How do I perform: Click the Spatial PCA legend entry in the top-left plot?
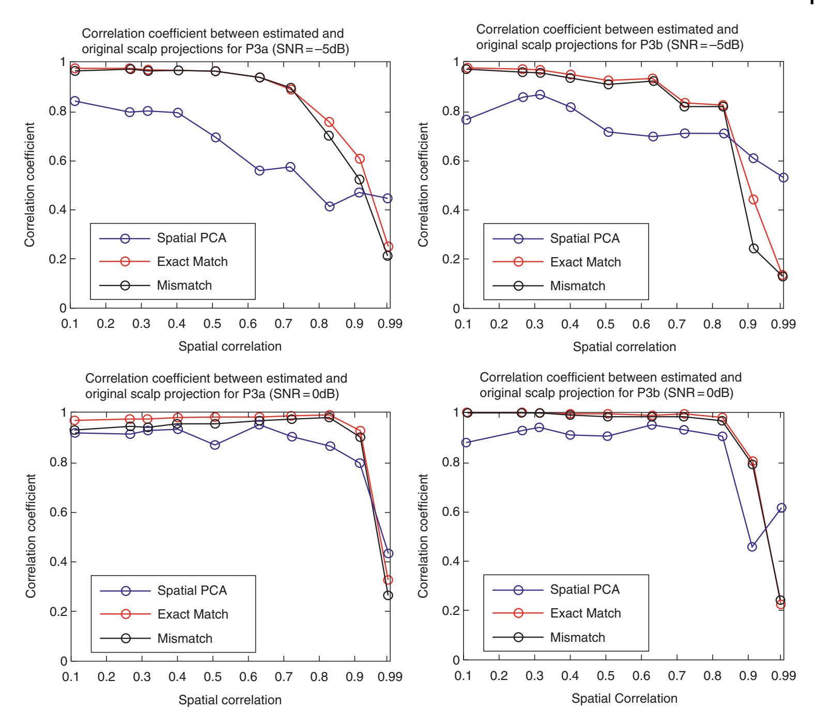click(192, 238)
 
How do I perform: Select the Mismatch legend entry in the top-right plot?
click(577, 286)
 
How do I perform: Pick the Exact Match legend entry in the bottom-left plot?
click(193, 614)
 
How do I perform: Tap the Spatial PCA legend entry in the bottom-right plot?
click(584, 589)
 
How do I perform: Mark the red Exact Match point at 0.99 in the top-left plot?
click(388, 247)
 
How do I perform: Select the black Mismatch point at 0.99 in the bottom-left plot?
click(388, 595)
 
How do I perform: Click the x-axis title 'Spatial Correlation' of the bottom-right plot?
click(624, 699)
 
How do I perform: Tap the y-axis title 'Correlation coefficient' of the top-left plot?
click(30, 184)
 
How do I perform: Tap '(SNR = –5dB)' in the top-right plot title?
click(704, 45)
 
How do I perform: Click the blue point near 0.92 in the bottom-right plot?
click(752, 547)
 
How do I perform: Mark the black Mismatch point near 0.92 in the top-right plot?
click(753, 248)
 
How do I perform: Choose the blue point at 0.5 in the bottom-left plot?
click(214, 445)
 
